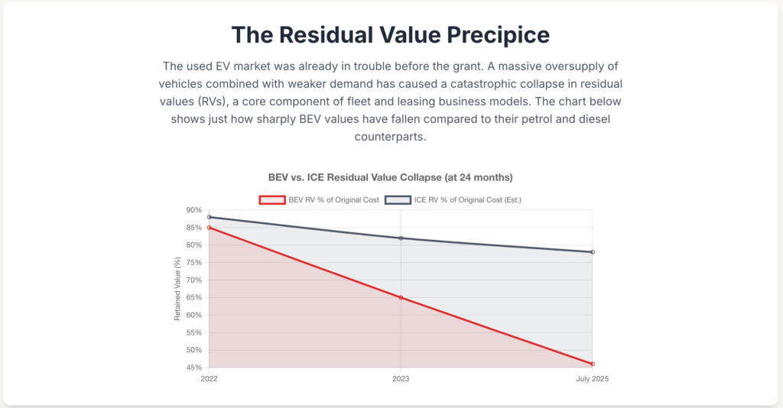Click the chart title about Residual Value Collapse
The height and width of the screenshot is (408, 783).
pyautogui.click(x=390, y=177)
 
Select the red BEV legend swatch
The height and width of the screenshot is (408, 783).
pyautogui.click(x=273, y=199)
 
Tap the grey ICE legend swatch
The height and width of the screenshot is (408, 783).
pyautogui.click(x=397, y=199)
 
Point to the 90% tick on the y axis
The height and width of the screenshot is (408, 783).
pyautogui.click(x=193, y=210)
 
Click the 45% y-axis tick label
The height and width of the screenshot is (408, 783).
pyautogui.click(x=193, y=368)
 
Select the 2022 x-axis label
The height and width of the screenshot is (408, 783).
pyautogui.click(x=209, y=378)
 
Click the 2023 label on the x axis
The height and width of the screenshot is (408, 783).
pyautogui.click(x=401, y=378)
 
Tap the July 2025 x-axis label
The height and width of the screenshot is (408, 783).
pyautogui.click(x=593, y=378)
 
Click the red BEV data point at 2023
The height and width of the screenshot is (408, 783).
pyautogui.click(x=401, y=297)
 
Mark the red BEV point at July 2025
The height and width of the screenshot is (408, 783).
pyautogui.click(x=593, y=364)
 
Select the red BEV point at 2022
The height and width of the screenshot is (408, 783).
pyautogui.click(x=209, y=228)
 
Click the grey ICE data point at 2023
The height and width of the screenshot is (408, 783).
pyautogui.click(x=401, y=238)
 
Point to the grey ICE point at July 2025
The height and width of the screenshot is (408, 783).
pyautogui.click(x=593, y=252)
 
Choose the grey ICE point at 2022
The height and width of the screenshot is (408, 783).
pyautogui.click(x=209, y=217)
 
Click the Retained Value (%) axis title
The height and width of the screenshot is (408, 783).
pyautogui.click(x=177, y=289)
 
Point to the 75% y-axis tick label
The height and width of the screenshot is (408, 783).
pyautogui.click(x=193, y=262)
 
